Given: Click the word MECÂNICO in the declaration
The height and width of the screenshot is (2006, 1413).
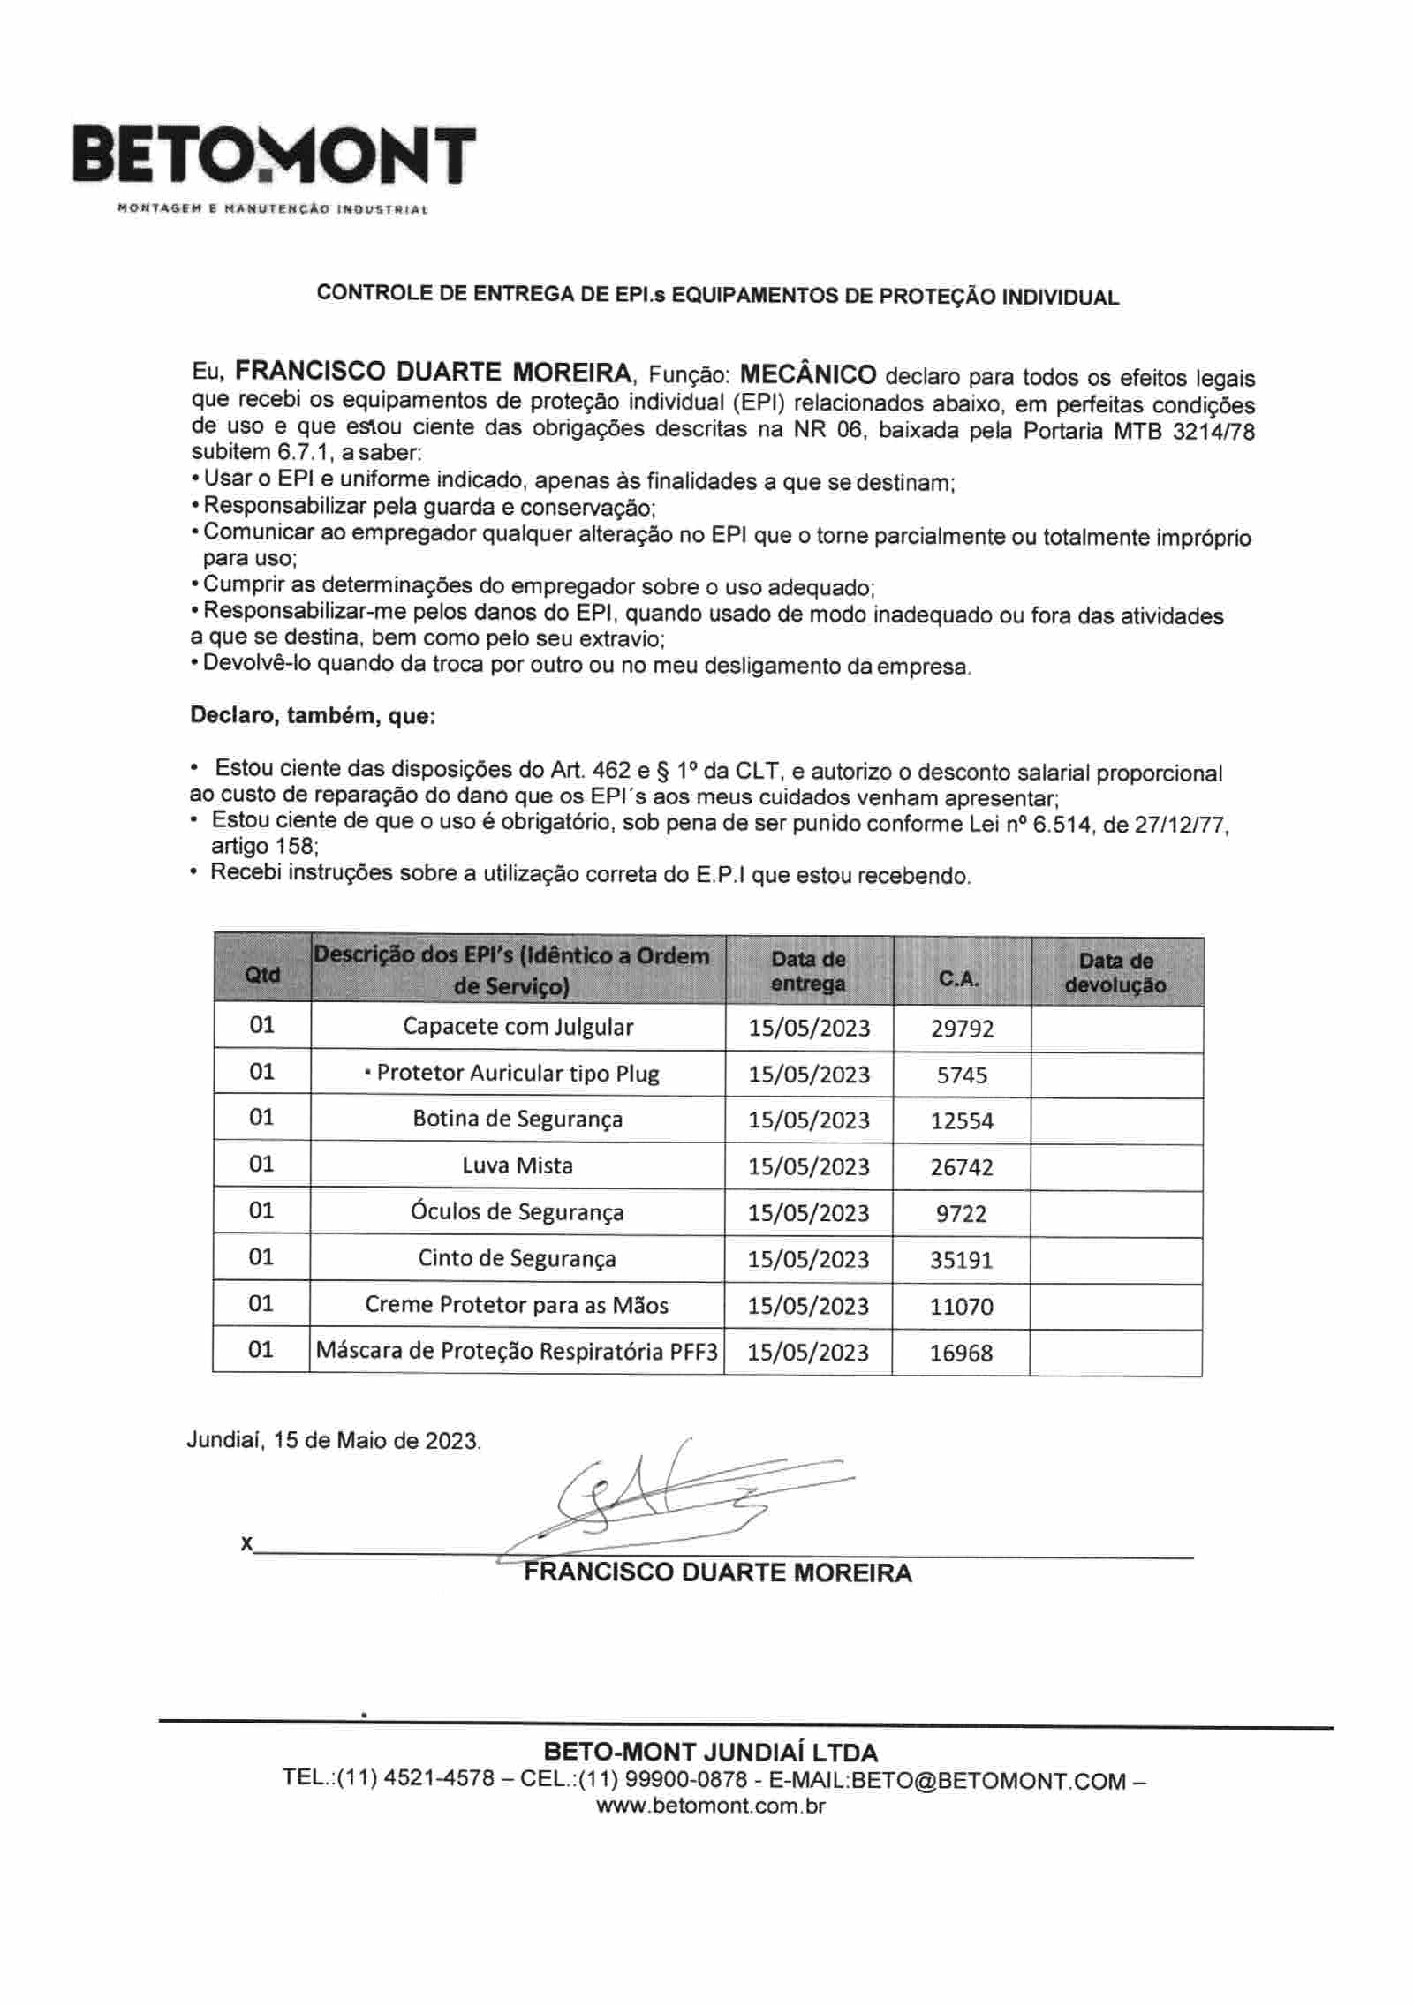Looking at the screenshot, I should (807, 374).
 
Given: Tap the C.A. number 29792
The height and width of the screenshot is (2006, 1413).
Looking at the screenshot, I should (962, 1029).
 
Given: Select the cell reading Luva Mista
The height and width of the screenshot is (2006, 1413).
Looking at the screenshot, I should (518, 1165).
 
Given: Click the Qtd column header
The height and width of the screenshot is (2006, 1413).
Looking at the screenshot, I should (261, 974).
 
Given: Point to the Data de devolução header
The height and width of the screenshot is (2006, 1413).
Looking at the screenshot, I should (1115, 973).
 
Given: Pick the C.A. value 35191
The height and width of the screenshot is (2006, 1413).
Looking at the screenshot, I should (961, 1260).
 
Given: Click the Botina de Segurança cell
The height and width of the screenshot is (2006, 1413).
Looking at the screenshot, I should (518, 1119).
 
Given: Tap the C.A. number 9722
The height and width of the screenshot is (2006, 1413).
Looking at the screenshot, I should (961, 1213).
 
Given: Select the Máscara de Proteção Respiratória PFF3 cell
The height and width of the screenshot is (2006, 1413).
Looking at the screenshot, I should (518, 1352).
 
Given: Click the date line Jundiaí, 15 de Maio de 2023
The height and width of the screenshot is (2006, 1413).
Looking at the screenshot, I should (334, 1440).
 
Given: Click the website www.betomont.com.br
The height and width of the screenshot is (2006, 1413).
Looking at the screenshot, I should (710, 1806).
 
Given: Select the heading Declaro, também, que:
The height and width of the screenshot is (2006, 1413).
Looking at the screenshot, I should (313, 716).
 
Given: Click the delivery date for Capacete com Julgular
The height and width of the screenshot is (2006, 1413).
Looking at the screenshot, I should (809, 1029).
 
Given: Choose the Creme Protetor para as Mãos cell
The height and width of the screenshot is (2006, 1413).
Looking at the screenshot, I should (518, 1305).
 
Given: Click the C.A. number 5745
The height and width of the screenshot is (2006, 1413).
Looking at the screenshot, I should (962, 1075).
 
